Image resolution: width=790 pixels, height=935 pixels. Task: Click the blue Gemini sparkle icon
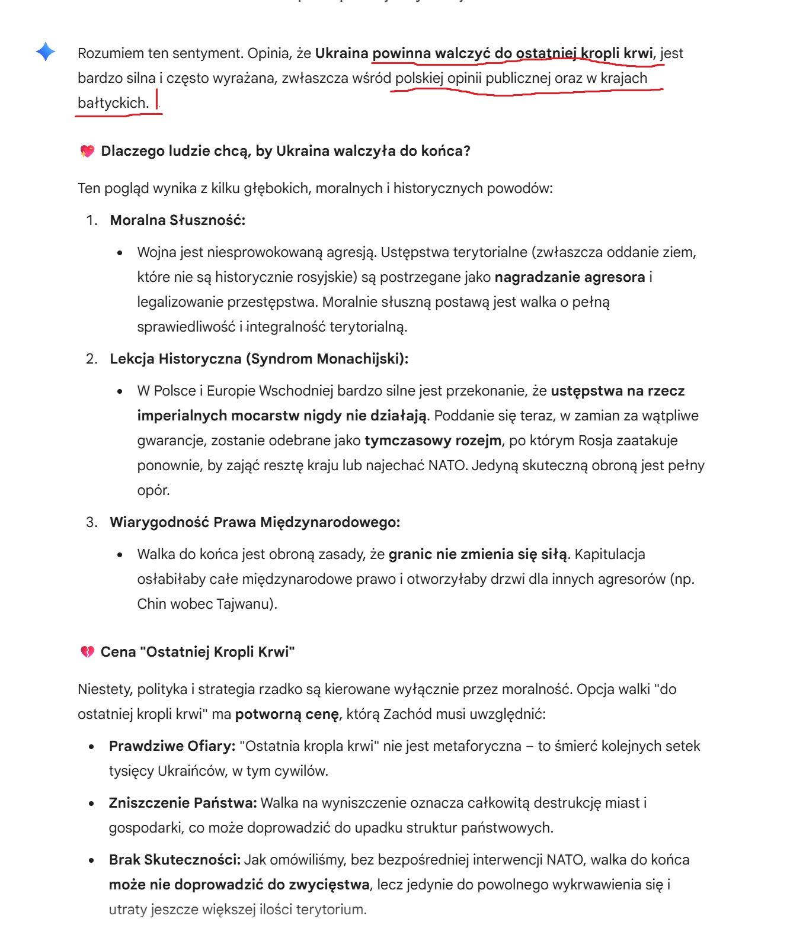[x=46, y=52]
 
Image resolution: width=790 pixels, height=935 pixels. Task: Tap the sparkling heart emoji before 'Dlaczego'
[x=87, y=152]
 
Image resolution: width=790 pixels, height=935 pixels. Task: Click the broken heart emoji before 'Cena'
[x=87, y=653]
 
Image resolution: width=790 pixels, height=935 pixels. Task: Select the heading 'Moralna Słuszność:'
[x=177, y=220]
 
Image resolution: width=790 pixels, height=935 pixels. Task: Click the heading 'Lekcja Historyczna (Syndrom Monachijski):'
[x=259, y=359]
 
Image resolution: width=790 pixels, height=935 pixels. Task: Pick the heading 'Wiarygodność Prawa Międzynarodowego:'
[x=255, y=522]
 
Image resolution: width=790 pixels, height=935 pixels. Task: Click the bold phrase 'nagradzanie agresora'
[x=570, y=277]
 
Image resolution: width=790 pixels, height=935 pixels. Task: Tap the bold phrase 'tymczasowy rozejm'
[x=433, y=441]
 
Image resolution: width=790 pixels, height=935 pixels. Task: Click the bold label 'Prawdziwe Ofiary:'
[x=172, y=746]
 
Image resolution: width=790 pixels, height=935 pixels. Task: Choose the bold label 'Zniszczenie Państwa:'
[x=183, y=803]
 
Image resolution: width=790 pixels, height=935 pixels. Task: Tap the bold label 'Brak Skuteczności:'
[x=174, y=860]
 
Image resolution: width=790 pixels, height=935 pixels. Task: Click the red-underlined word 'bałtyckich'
[x=111, y=103]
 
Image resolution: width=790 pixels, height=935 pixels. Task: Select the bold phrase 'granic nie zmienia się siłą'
[x=478, y=554]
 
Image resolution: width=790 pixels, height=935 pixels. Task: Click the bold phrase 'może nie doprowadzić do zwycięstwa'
[x=239, y=885]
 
